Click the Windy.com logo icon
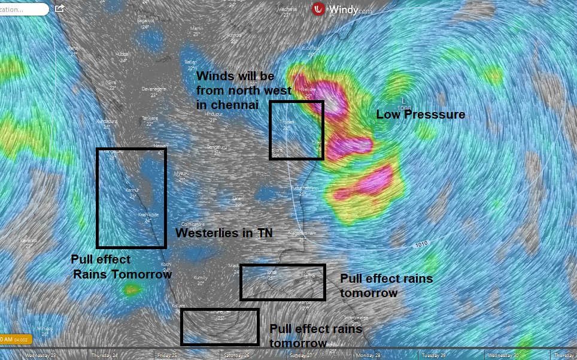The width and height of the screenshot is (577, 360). tap(318, 9)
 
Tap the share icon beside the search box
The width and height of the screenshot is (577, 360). tap(59, 9)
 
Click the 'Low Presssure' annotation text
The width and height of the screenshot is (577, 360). tap(420, 114)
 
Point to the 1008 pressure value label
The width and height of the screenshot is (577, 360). tap(404, 108)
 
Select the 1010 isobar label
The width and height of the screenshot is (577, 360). tap(421, 244)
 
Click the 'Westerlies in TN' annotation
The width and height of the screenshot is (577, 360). tap(224, 234)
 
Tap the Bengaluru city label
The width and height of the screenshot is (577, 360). tap(217, 147)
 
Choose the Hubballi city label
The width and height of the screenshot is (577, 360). tap(123, 53)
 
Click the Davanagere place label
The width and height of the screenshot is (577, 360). tap(153, 88)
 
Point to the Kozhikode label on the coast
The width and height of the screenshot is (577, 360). tap(148, 214)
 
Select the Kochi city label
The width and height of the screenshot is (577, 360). tap(166, 264)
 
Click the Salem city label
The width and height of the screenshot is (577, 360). tap(239, 198)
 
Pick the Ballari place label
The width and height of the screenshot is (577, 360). tap(190, 62)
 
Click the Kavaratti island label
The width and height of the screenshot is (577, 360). tap(28, 240)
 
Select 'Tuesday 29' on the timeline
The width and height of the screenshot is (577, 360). tap(435, 355)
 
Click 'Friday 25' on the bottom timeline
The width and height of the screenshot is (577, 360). tap(167, 355)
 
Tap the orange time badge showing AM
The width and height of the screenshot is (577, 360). tap(12, 340)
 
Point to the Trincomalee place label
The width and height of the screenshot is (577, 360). tap(356, 317)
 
